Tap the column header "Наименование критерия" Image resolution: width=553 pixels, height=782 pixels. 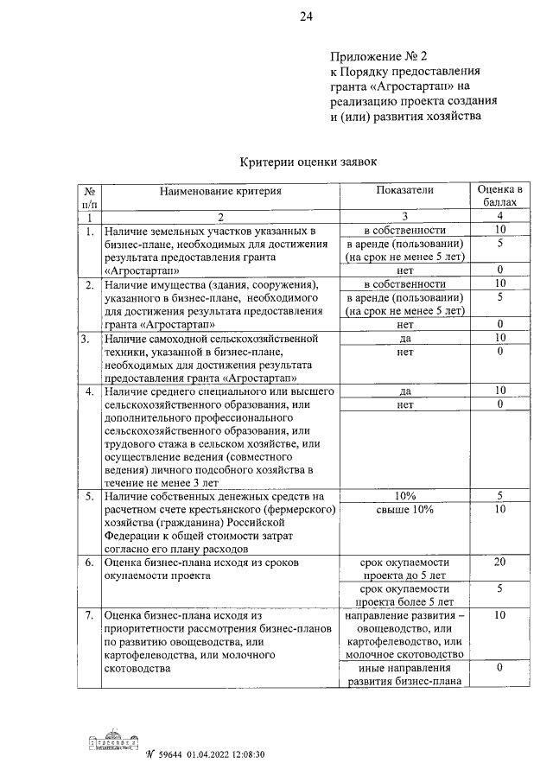pos(219,189)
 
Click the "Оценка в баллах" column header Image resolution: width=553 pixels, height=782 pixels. pos(499,196)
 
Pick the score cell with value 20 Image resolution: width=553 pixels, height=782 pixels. pos(499,562)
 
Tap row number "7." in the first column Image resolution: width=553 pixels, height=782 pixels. pos(88,615)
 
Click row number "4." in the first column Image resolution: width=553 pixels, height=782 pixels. pos(88,391)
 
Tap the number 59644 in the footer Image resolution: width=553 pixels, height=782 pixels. pos(167,754)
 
